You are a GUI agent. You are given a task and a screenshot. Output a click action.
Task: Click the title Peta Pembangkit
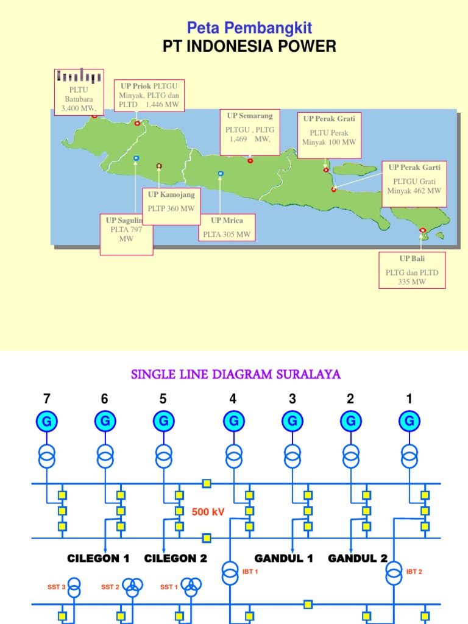pyautogui.click(x=249, y=27)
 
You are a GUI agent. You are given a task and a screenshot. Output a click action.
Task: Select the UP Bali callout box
pyautogui.click(x=412, y=270)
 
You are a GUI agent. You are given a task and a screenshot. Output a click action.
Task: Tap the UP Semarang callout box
pyautogui.click(x=250, y=132)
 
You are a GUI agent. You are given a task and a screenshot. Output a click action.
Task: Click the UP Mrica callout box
pyautogui.click(x=227, y=227)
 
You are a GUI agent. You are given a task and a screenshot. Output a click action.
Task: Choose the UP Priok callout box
pyautogui.click(x=149, y=95)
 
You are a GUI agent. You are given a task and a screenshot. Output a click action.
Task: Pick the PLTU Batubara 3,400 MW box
pyautogui.click(x=79, y=92)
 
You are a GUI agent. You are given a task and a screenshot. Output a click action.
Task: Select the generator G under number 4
pyautogui.click(x=233, y=421)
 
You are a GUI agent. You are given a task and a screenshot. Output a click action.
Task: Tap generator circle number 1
pyautogui.click(x=409, y=421)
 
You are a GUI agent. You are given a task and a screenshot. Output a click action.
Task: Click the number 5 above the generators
pyautogui.click(x=163, y=399)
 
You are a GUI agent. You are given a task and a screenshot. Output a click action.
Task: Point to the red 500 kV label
pyautogui.click(x=208, y=512)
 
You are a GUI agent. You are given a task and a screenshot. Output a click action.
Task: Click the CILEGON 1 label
pyautogui.click(x=99, y=558)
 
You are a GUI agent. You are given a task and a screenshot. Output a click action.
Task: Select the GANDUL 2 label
pyautogui.click(x=358, y=558)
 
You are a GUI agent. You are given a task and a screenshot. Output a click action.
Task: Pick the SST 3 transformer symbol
pyautogui.click(x=74, y=588)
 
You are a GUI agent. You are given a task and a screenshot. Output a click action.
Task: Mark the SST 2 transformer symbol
pyautogui.click(x=132, y=587)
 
